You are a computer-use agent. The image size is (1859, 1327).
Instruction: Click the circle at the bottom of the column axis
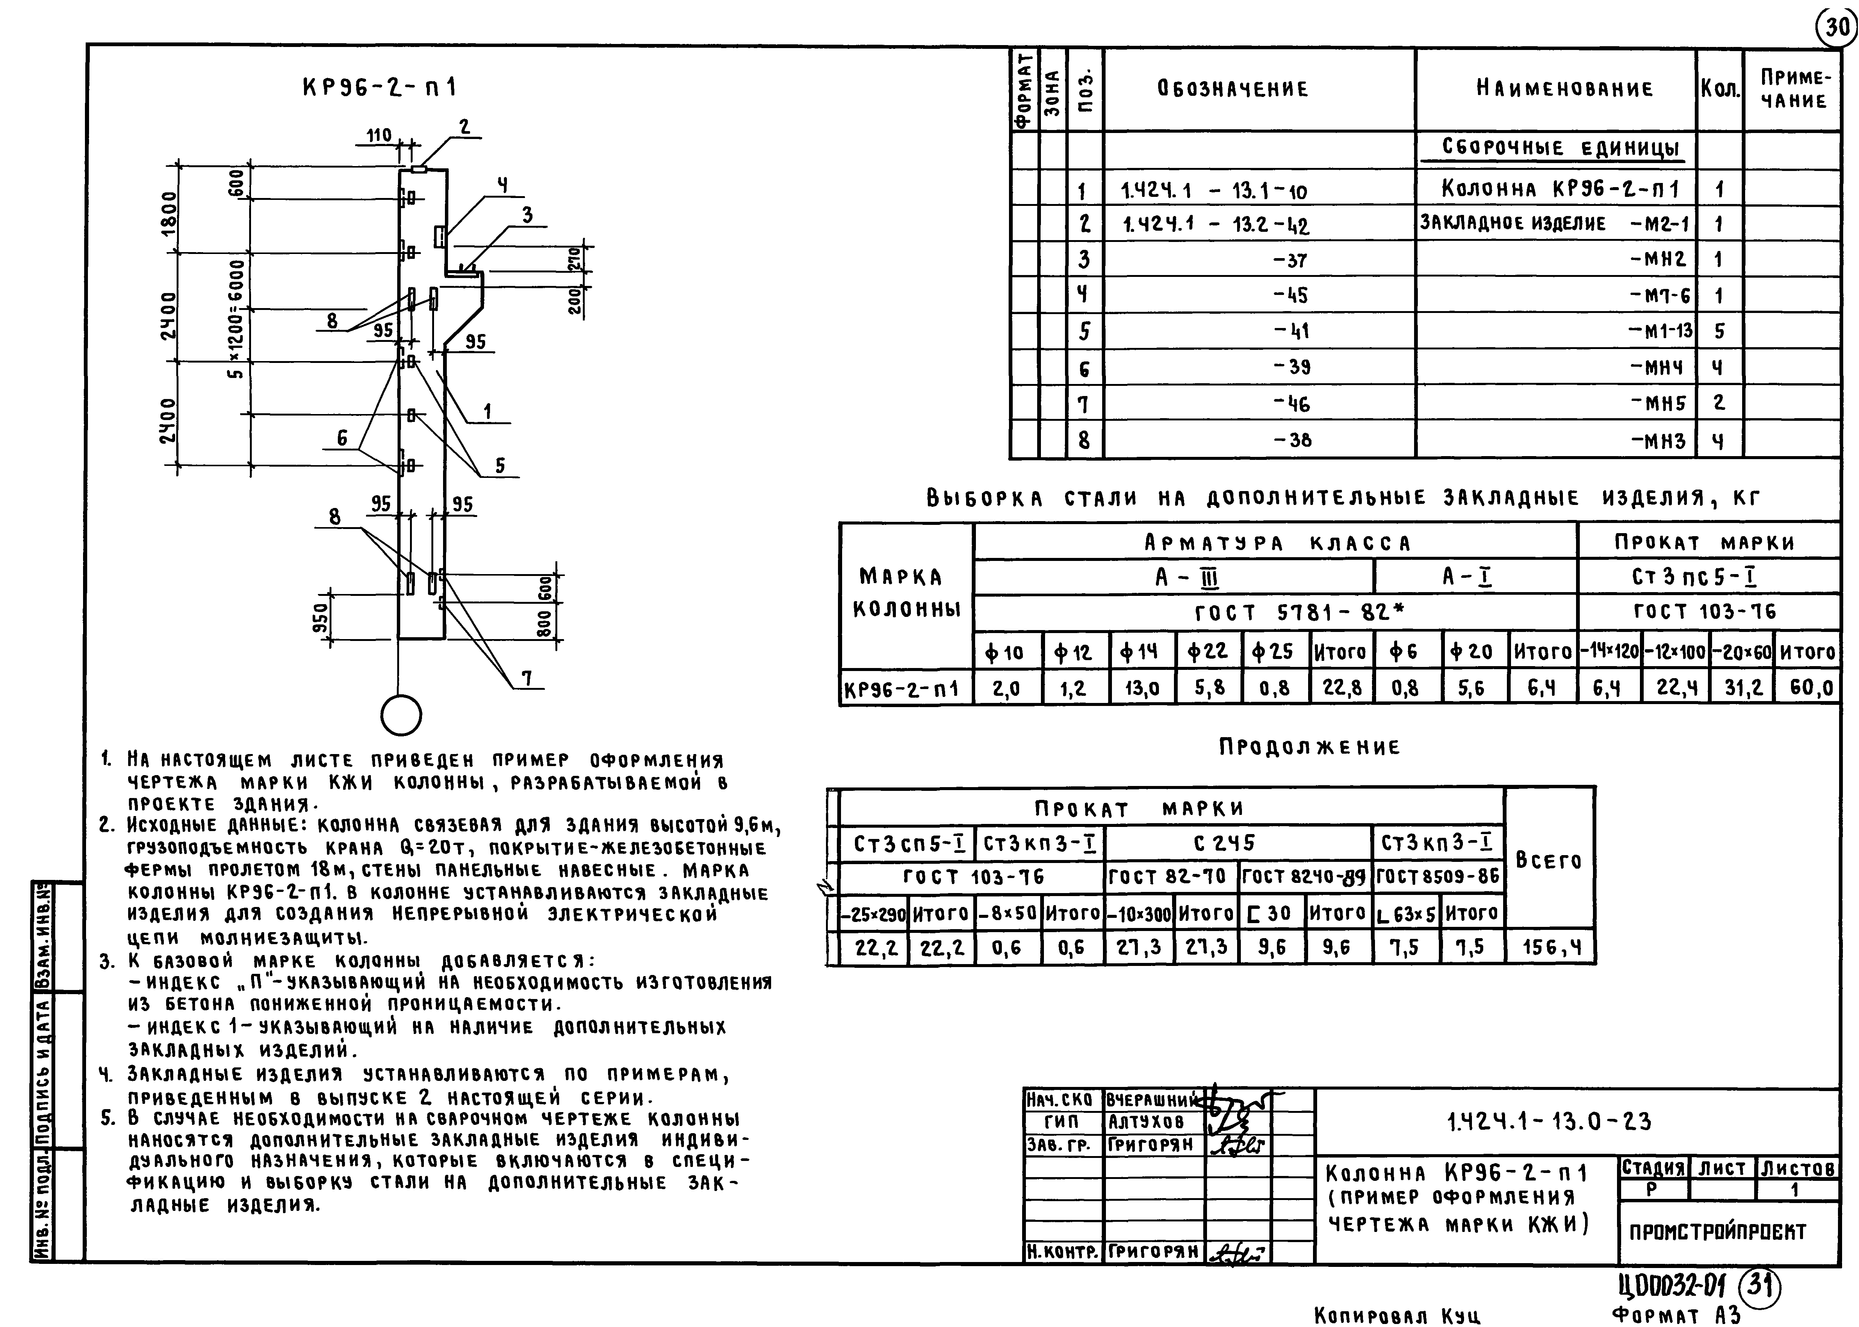point(401,716)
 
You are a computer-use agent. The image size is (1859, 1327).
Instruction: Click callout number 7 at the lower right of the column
point(527,677)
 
